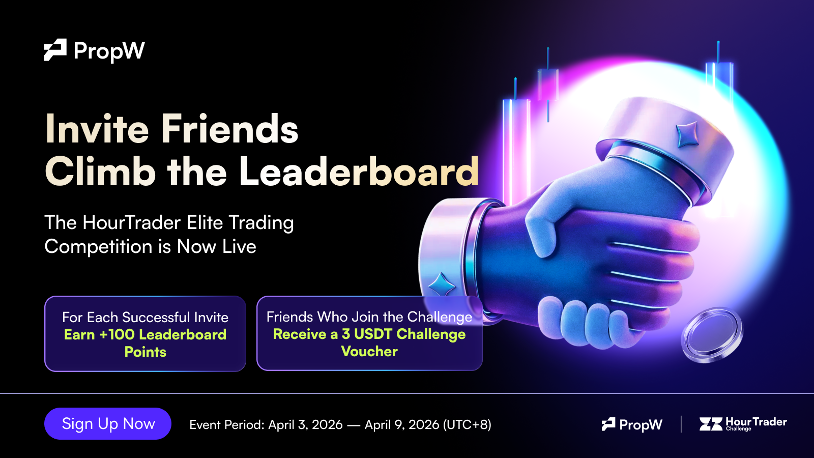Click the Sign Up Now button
(107, 424)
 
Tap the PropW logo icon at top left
(55, 50)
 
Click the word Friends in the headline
(229, 129)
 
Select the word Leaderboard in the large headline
(359, 171)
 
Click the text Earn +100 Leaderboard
(146, 334)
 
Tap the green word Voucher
(369, 351)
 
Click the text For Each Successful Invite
(146, 318)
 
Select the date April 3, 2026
(305, 424)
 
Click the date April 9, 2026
(402, 424)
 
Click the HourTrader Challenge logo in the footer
(743, 424)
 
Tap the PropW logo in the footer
(632, 424)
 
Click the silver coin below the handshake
(712, 335)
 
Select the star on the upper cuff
(687, 134)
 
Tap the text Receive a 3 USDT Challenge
(369, 334)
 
